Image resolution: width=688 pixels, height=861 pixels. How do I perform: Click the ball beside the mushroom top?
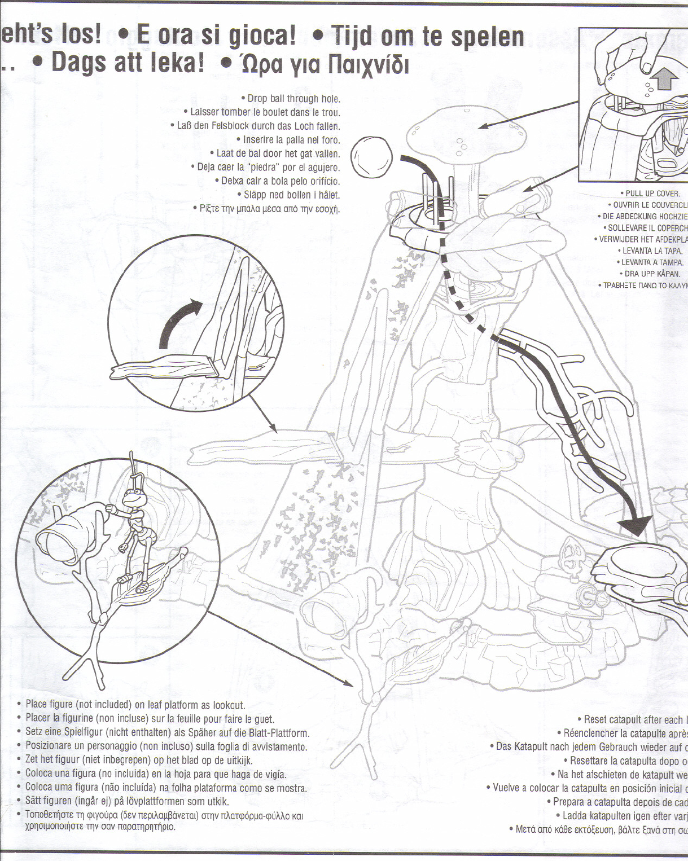[x=371, y=157]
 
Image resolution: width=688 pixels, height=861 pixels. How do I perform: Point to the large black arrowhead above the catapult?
[x=637, y=525]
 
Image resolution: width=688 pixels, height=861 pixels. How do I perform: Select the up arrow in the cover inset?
[x=665, y=78]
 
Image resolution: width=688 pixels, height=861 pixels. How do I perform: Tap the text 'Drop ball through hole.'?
[x=293, y=99]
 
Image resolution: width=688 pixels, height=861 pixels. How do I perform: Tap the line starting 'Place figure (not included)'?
[x=135, y=705]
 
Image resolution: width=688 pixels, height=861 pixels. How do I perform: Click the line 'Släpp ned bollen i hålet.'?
[x=291, y=195]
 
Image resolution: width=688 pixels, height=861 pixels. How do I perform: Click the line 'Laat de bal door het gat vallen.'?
[x=278, y=153]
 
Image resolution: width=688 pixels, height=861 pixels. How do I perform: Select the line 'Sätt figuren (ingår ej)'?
[x=127, y=801]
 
